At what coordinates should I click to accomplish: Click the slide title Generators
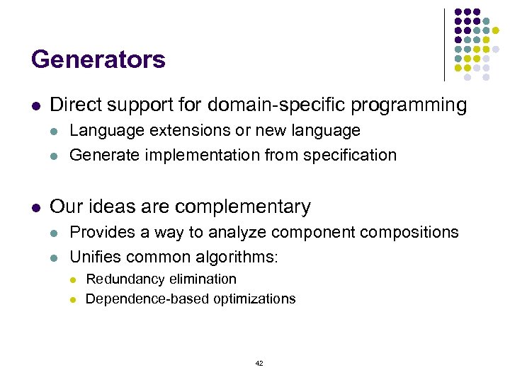98,59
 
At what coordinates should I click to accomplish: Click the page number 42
259,363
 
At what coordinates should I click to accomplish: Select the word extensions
178,131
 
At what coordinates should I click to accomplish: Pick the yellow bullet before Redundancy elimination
72,280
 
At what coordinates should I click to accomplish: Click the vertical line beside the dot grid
444,45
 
